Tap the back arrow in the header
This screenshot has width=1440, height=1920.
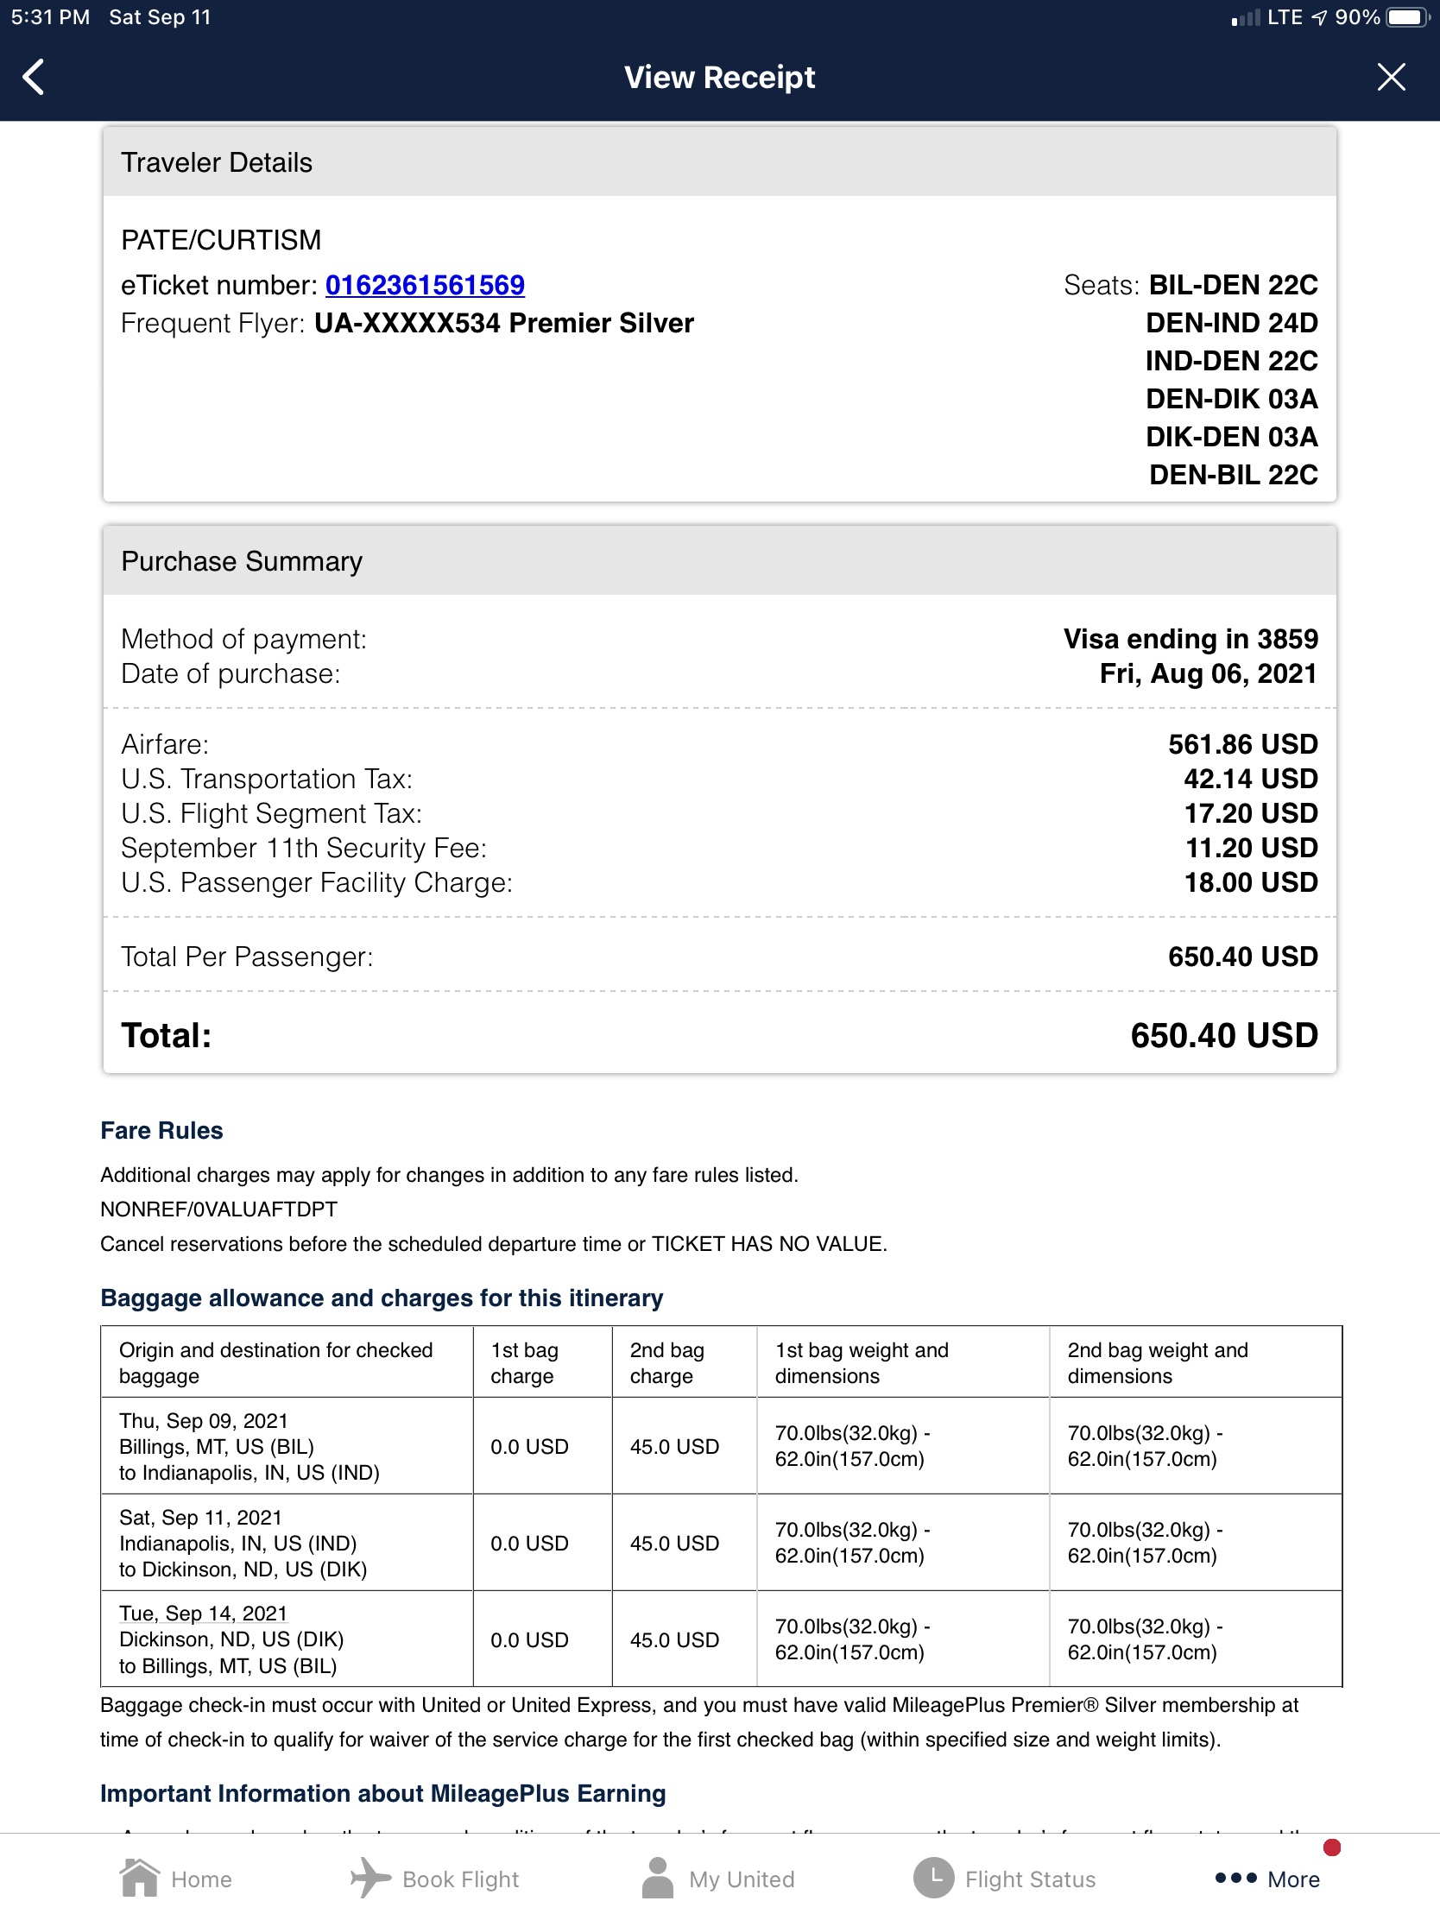click(34, 77)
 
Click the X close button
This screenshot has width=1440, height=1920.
click(1391, 77)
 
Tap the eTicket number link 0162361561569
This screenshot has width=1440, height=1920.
click(425, 285)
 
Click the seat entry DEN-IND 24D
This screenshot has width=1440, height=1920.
click(1231, 323)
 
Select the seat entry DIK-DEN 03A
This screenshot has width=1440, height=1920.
click(1231, 437)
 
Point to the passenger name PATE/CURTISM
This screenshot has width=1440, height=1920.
click(220, 239)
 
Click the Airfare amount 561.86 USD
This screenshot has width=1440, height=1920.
click(1242, 744)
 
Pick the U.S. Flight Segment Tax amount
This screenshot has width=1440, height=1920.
click(1250, 813)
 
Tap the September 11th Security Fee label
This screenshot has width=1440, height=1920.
click(303, 848)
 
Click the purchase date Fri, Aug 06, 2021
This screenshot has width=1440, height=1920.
click(1208, 673)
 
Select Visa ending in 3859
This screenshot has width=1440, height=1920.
click(1190, 639)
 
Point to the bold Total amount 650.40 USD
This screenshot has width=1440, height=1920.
click(1223, 1035)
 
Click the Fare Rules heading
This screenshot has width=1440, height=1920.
click(161, 1130)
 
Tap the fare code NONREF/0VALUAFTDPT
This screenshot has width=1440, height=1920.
click(218, 1209)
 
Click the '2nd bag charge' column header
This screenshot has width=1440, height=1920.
click(666, 1363)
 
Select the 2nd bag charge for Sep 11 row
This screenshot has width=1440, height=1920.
click(674, 1544)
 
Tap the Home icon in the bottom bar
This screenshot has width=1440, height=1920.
click(140, 1879)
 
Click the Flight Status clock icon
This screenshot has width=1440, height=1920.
click(934, 1879)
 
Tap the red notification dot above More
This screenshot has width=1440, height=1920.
click(1331, 1848)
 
